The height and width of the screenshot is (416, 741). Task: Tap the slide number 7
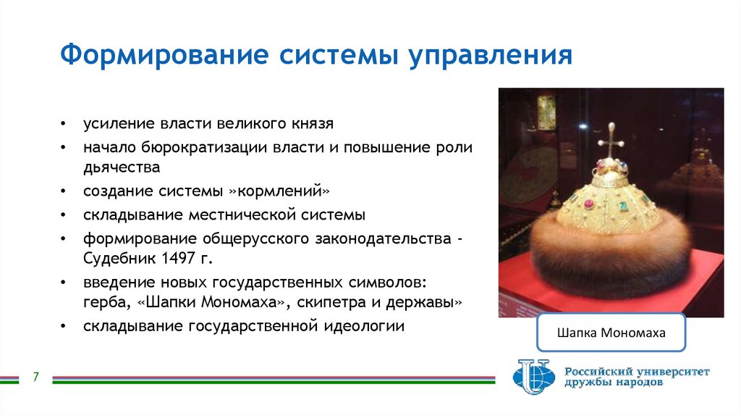[35, 378]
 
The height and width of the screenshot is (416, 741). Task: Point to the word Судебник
[116, 259]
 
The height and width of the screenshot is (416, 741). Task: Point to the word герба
[101, 302]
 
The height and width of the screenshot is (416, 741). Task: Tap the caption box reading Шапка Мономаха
[611, 333]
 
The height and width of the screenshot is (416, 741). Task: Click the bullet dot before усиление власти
[66, 125]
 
